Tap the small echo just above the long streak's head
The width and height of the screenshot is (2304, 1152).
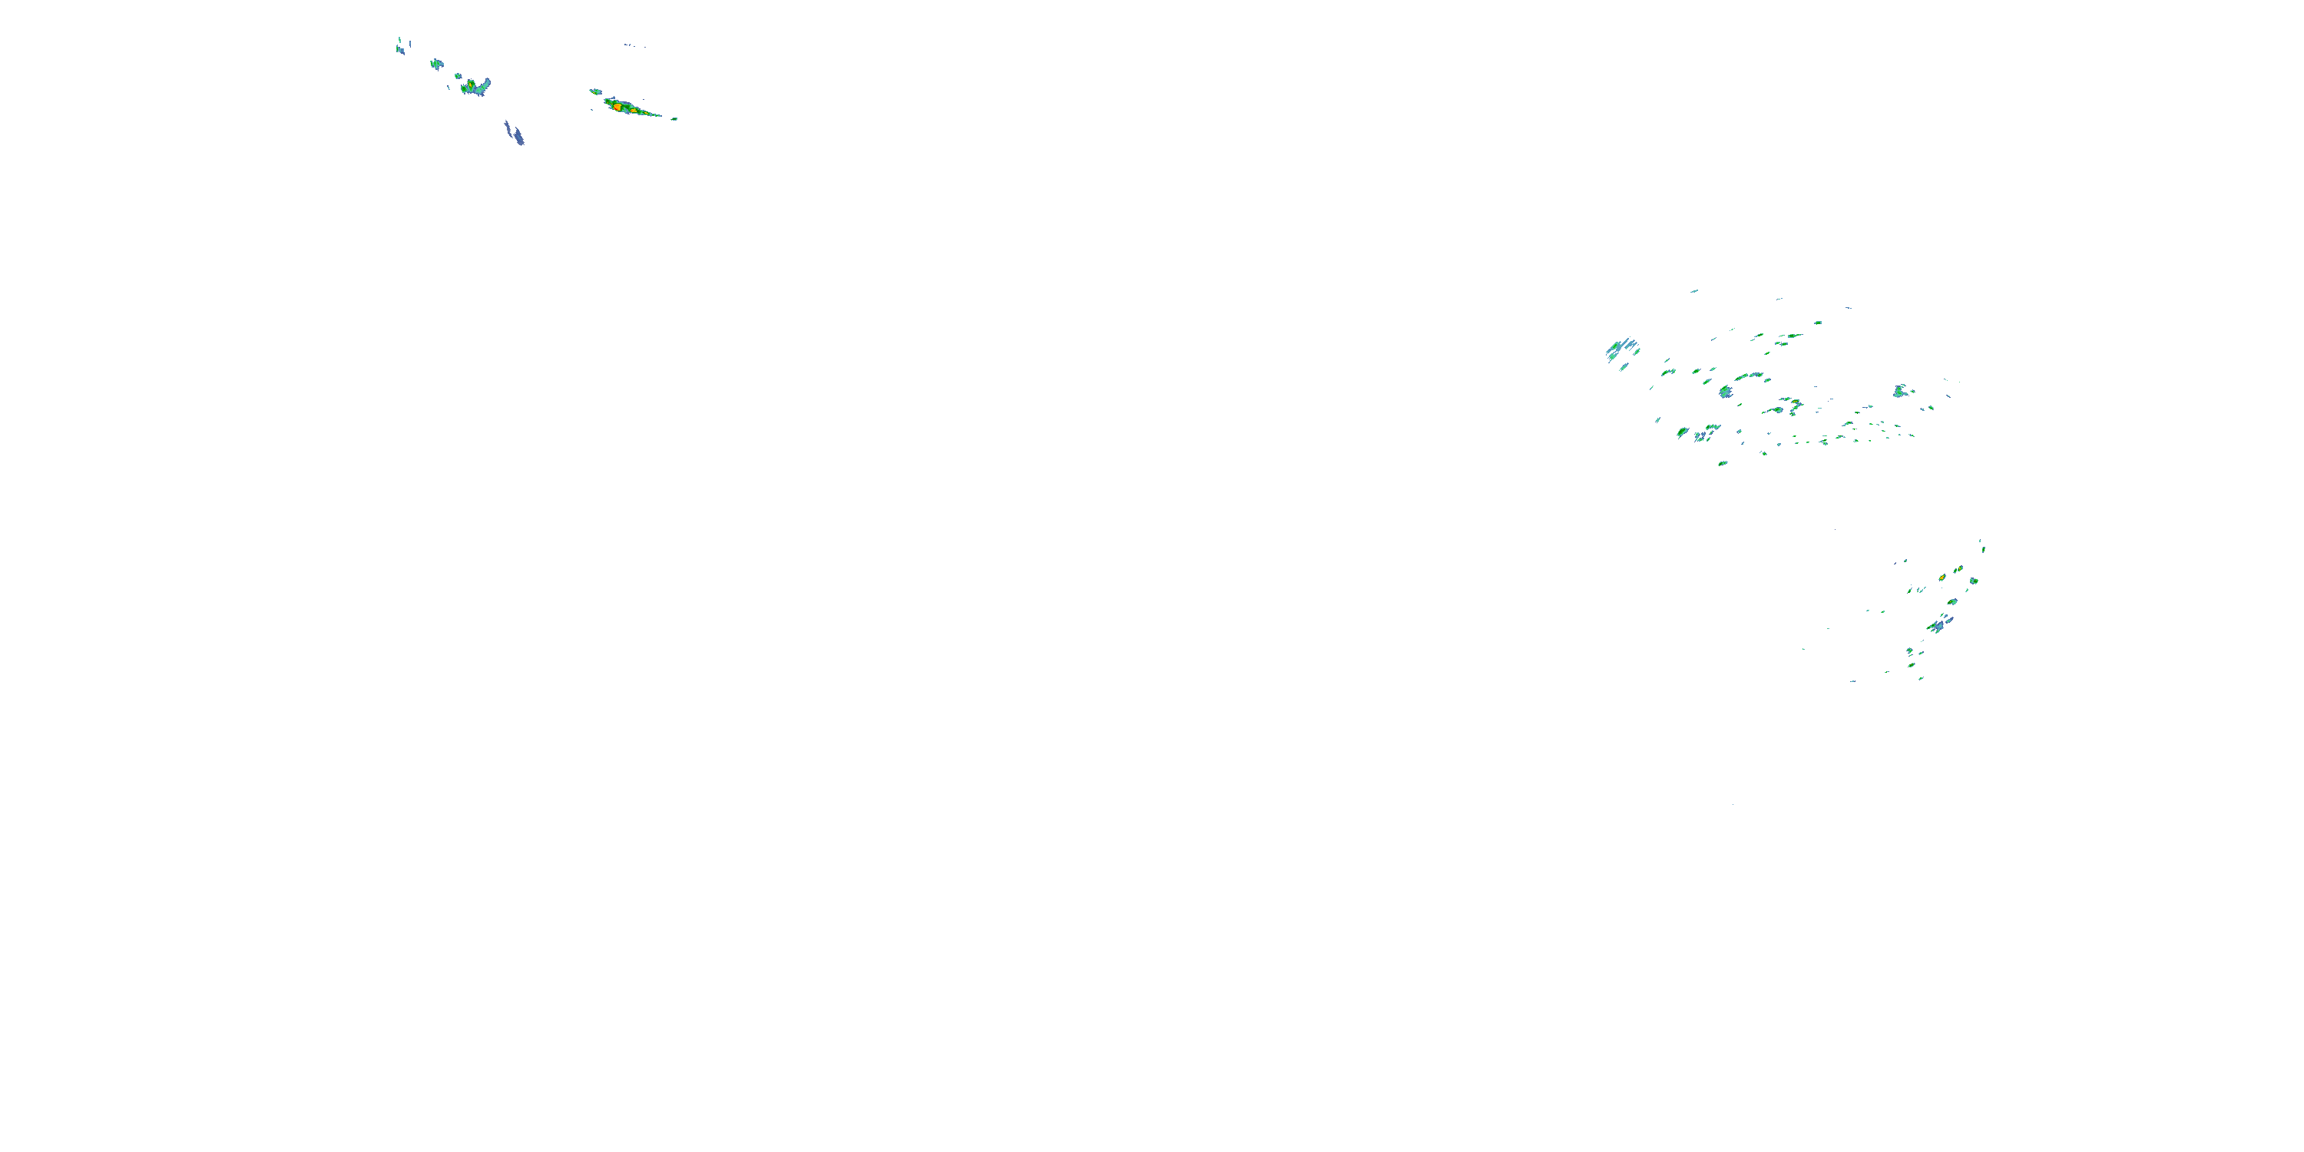[594, 91]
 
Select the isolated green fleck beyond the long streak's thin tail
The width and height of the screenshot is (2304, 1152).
[674, 118]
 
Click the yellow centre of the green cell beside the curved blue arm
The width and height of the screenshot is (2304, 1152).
[471, 84]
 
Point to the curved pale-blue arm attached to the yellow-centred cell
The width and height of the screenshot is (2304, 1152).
[483, 86]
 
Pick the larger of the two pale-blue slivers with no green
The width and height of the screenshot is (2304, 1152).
[515, 134]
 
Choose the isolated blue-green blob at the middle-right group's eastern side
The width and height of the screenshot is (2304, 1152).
[1900, 391]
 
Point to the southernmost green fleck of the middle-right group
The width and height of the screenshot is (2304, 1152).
[1723, 463]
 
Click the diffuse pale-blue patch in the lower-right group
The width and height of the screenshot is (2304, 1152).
[1938, 625]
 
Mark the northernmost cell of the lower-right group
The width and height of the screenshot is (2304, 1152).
[1982, 545]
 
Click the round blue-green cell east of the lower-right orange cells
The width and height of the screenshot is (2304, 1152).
[1974, 581]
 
